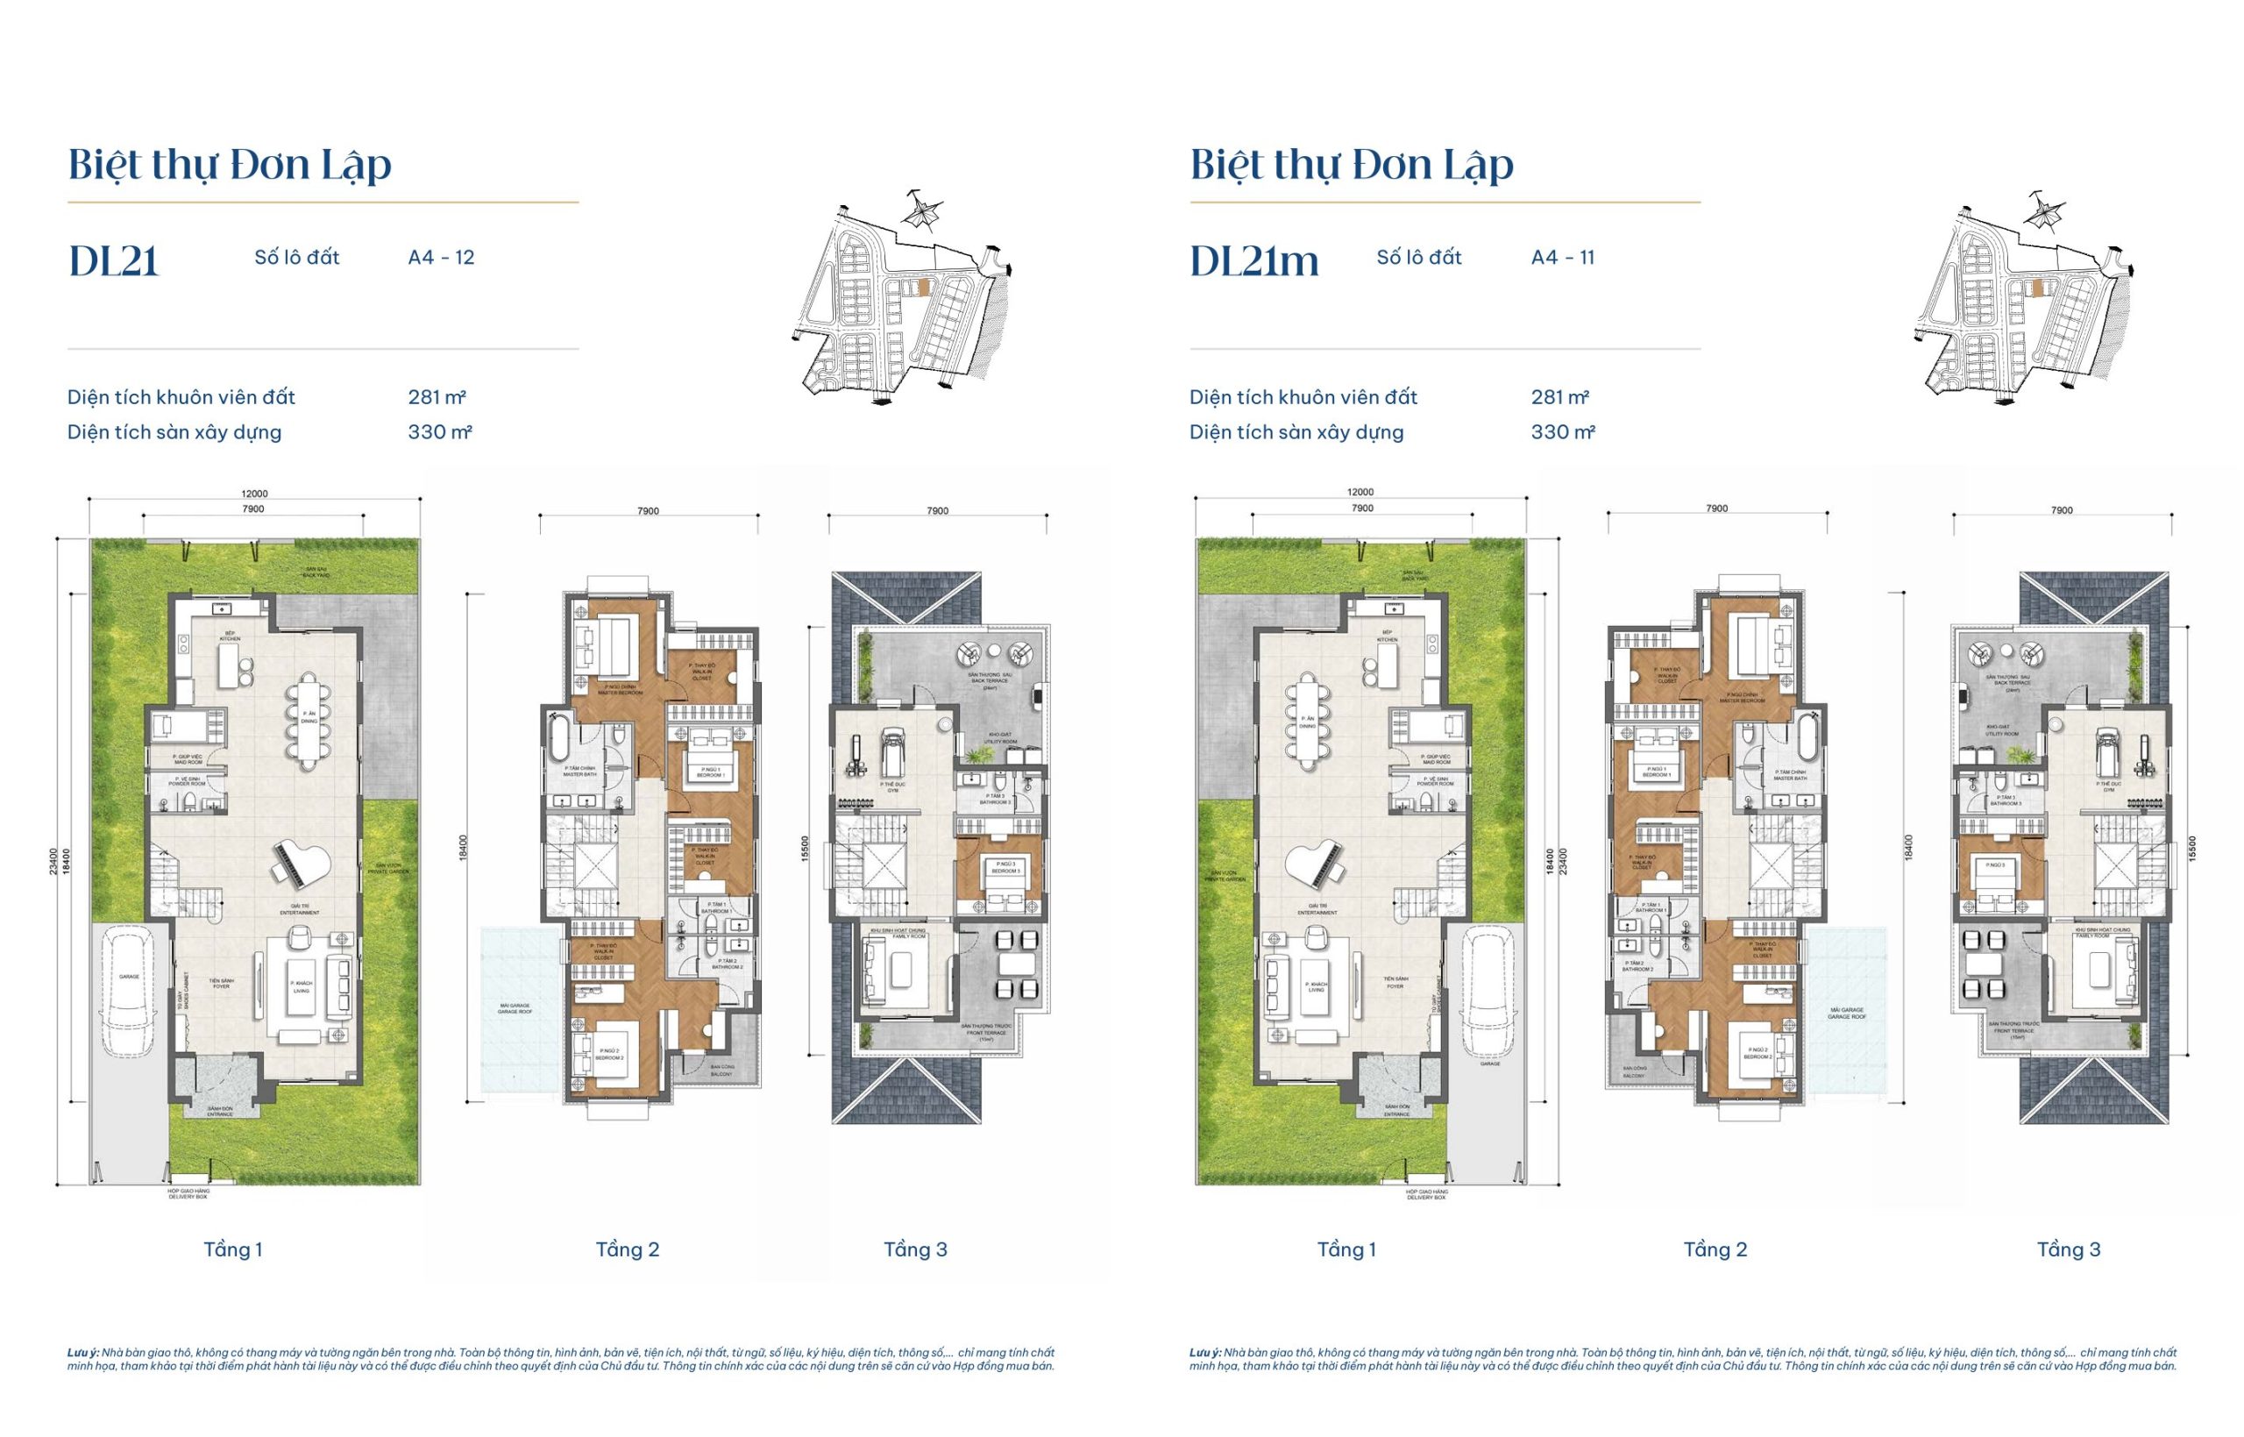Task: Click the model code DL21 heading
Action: (x=114, y=260)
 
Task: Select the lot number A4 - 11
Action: (x=1562, y=258)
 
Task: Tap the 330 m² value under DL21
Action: (x=439, y=432)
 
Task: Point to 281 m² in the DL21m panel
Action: (x=1559, y=396)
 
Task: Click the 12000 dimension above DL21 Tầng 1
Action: (x=253, y=494)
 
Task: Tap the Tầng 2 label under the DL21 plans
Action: (x=628, y=1249)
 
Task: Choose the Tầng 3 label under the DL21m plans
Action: (x=2069, y=1249)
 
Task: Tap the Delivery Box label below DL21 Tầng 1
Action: (x=188, y=1196)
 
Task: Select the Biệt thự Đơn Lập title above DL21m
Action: (x=1351, y=165)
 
